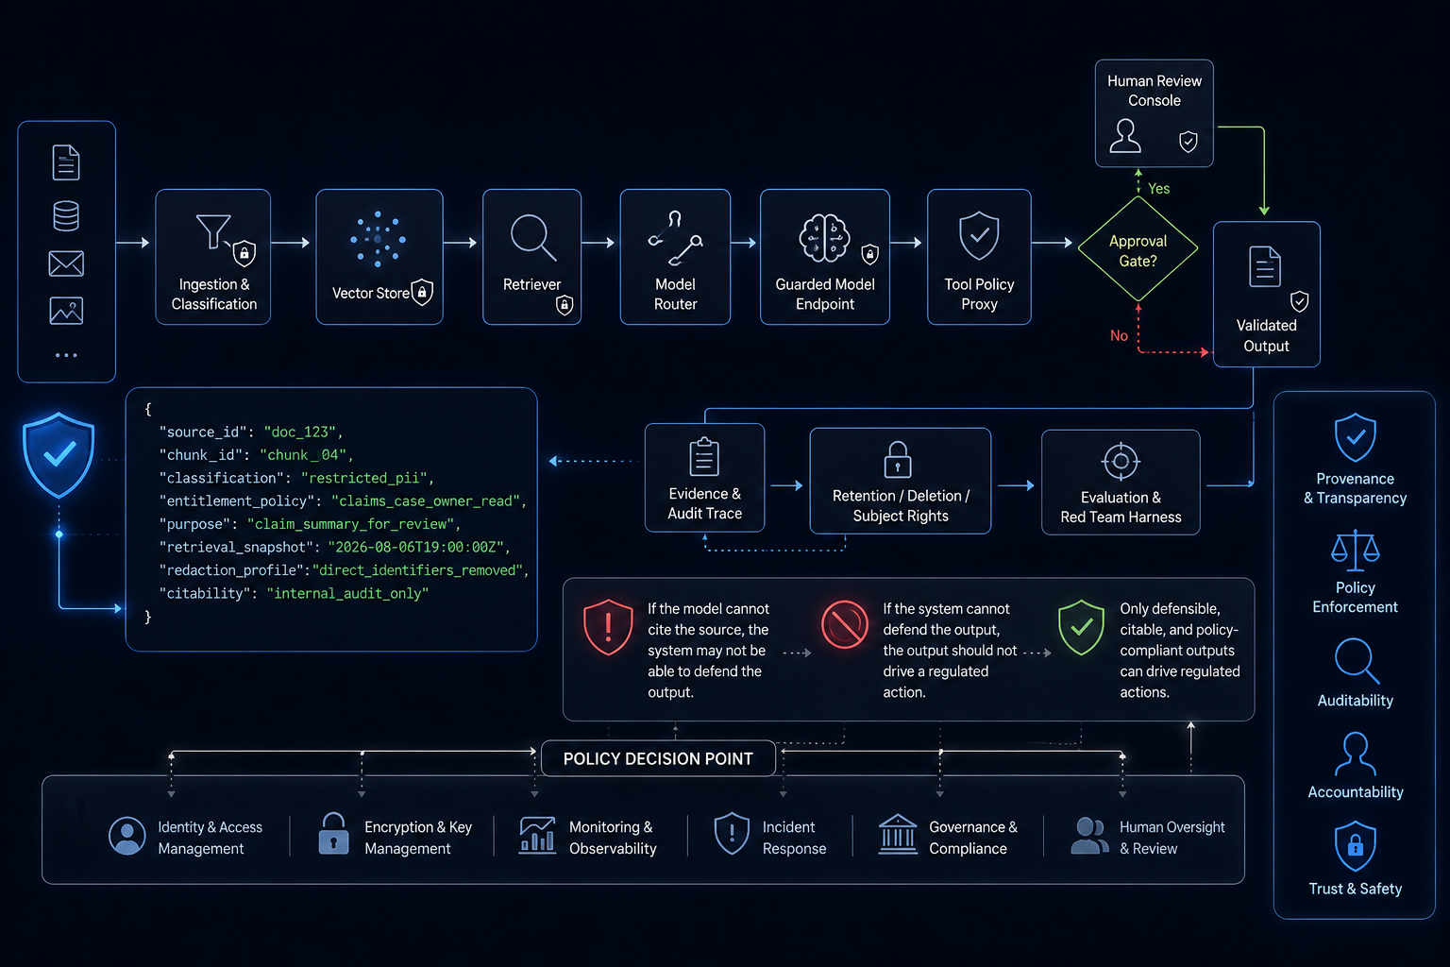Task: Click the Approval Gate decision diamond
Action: tap(1138, 249)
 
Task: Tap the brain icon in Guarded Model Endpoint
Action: tap(824, 238)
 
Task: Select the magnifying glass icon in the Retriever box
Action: tap(532, 237)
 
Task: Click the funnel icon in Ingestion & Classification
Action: tap(213, 231)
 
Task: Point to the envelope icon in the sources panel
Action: tap(66, 263)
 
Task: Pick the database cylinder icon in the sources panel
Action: tap(66, 215)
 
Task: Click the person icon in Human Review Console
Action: tap(1125, 135)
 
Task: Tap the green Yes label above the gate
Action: tap(1158, 189)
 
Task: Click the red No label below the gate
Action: tap(1119, 335)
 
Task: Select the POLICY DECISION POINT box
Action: tap(658, 758)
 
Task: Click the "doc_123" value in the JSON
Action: tap(299, 432)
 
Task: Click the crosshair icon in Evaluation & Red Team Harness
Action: tap(1121, 462)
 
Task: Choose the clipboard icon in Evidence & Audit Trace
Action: tap(704, 457)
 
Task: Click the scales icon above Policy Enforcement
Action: tap(1355, 551)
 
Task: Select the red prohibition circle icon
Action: tap(845, 624)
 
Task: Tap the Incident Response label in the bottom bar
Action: tap(794, 838)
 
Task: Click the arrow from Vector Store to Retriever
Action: tap(461, 243)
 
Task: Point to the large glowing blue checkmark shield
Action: tap(59, 454)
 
